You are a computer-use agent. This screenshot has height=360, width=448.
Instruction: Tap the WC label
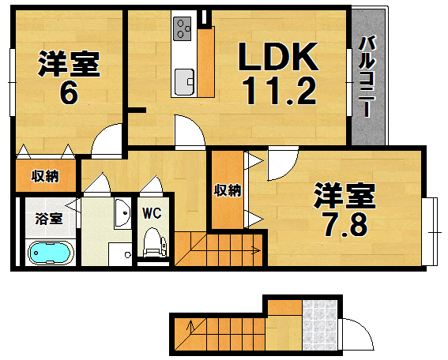pyautogui.click(x=152, y=212)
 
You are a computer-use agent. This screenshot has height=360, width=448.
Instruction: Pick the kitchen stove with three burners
pyautogui.click(x=184, y=29)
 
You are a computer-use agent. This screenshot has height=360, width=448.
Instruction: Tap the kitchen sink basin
pyautogui.click(x=185, y=80)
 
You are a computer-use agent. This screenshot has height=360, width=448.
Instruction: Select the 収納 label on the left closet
pyautogui.click(x=45, y=175)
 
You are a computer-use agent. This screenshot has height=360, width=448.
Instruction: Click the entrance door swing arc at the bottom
pyautogui.click(x=357, y=331)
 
